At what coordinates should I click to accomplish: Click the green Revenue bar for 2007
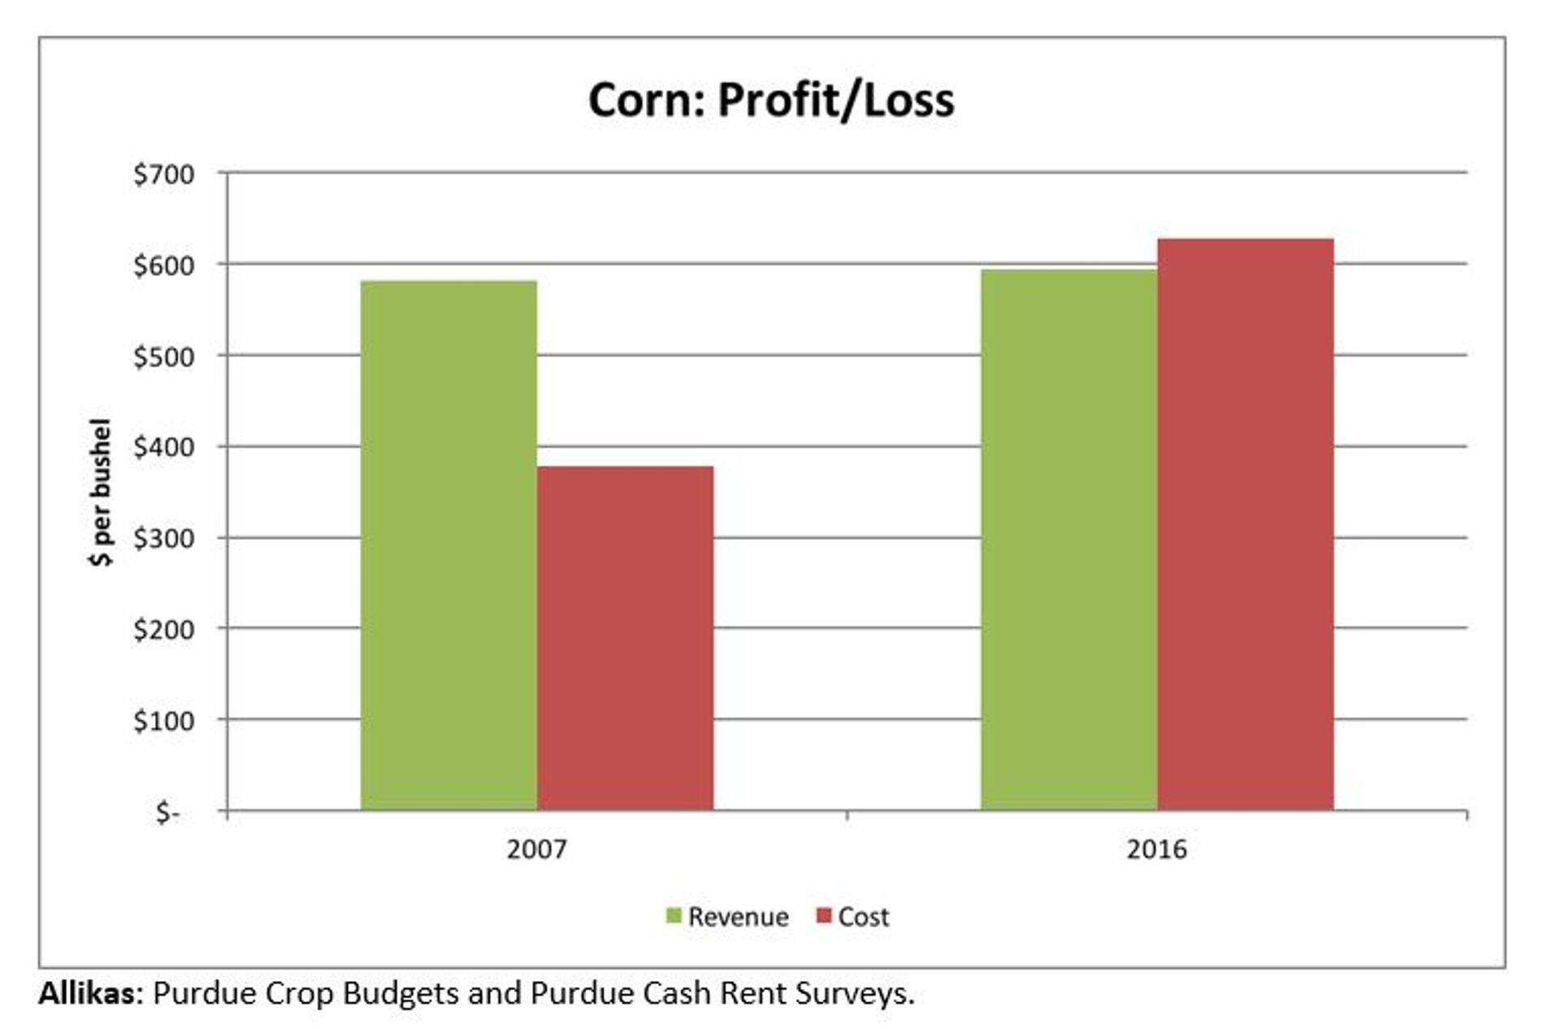448,545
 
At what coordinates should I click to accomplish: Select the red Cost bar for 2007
625,638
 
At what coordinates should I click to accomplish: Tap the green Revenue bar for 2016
1068,540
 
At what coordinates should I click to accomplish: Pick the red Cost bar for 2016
1246,524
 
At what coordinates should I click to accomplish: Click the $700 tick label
164,174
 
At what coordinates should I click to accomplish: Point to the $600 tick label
164,265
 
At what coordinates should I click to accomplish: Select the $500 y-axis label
164,356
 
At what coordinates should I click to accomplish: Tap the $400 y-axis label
164,447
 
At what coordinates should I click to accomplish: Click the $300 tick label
164,538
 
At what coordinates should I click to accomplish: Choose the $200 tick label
164,629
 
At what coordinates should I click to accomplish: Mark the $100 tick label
164,720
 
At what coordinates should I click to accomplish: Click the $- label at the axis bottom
168,812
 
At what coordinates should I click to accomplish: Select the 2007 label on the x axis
536,849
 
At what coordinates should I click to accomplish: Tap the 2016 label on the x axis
1156,849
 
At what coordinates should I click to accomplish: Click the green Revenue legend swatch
674,916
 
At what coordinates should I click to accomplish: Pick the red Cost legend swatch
824,916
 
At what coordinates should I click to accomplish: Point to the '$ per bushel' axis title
101,492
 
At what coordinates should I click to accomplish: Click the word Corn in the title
646,100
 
